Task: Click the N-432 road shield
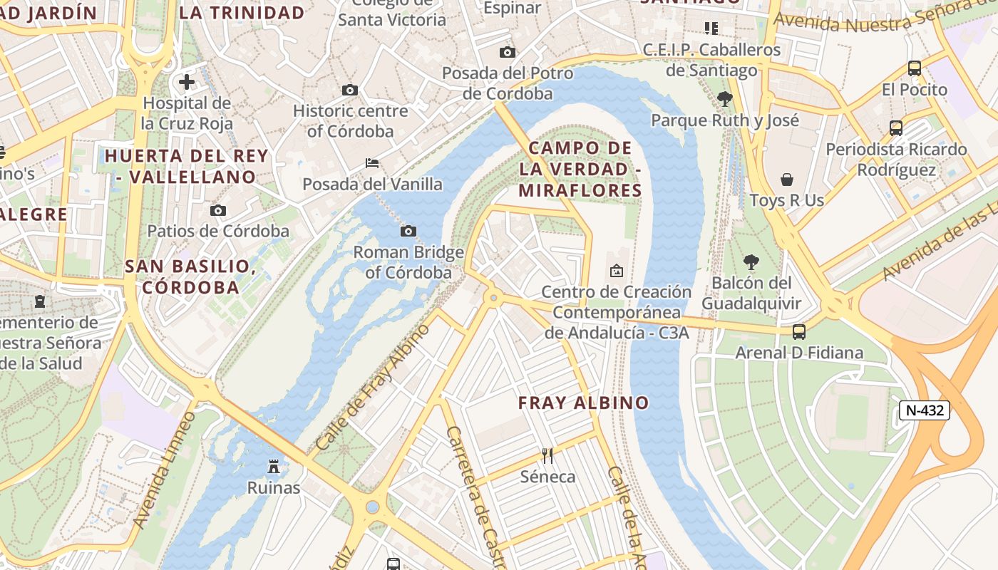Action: pyautogui.click(x=924, y=410)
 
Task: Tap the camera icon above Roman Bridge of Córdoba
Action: pyautogui.click(x=408, y=231)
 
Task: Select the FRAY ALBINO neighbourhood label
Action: pyautogui.click(x=583, y=403)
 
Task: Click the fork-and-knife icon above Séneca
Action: pyautogui.click(x=547, y=455)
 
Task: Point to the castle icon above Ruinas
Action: pyautogui.click(x=273, y=467)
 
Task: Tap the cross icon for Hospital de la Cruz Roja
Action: pyautogui.click(x=187, y=82)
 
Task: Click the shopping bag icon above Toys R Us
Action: pyautogui.click(x=787, y=180)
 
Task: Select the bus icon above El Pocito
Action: pyautogui.click(x=915, y=68)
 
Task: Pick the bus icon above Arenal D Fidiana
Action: pyautogui.click(x=799, y=331)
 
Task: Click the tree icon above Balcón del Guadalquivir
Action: pyautogui.click(x=751, y=262)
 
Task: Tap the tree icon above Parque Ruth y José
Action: pyautogui.click(x=725, y=99)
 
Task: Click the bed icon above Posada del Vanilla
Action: pyautogui.click(x=372, y=163)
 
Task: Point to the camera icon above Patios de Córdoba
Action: pyautogui.click(x=218, y=210)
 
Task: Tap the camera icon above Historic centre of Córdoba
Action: pyautogui.click(x=350, y=90)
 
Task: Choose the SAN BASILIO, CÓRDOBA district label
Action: pyautogui.click(x=191, y=276)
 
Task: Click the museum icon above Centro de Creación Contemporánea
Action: pyautogui.click(x=617, y=271)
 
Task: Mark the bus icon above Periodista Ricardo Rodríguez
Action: pyautogui.click(x=896, y=128)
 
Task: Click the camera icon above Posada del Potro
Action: pyautogui.click(x=508, y=52)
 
